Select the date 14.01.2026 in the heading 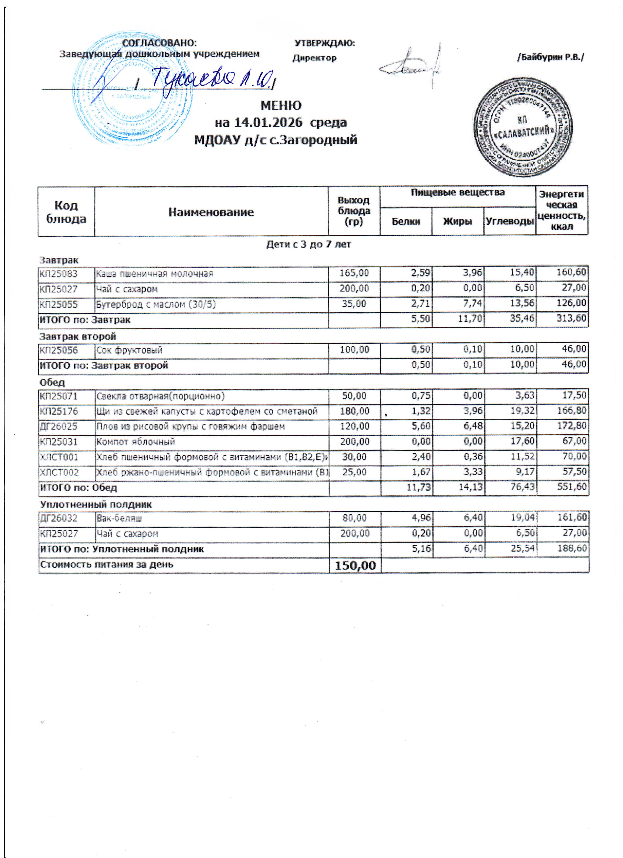click(268, 122)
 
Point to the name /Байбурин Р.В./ click(551, 57)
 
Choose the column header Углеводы click(510, 221)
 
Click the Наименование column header click(211, 212)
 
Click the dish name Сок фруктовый click(129, 350)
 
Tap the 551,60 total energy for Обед click(572, 487)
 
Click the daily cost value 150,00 click(354, 566)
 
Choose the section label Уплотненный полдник click(96, 504)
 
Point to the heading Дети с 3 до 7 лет click(309, 244)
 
